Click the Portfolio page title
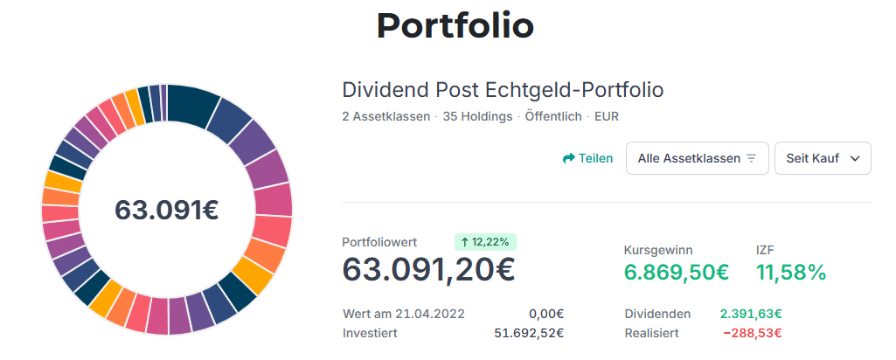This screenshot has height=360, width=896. click(455, 26)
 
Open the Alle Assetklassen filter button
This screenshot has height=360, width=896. click(697, 158)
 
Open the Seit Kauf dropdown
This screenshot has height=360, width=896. click(823, 158)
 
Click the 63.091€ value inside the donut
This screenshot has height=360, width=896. click(166, 210)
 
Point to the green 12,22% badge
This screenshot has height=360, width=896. click(486, 242)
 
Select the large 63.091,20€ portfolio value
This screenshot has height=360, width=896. click(428, 270)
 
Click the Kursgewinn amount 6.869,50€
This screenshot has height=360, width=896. click(676, 272)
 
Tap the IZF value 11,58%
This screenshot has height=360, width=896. click(790, 272)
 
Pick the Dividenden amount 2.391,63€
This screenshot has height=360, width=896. click(750, 314)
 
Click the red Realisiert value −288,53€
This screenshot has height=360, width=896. click(752, 333)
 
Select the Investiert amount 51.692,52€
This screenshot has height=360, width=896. click(529, 333)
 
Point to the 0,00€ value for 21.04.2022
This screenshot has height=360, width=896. click(546, 314)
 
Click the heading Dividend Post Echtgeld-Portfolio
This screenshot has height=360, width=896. click(503, 90)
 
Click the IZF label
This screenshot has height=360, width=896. click(765, 249)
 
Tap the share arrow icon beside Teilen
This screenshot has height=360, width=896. click(568, 158)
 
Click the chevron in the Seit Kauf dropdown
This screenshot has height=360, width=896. click(855, 158)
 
